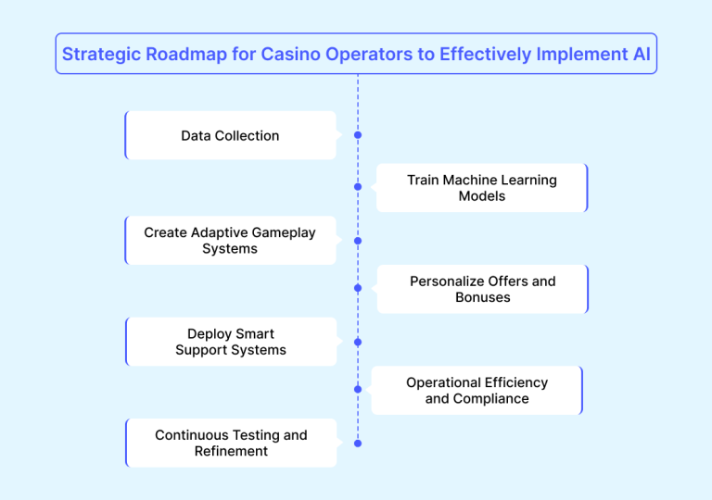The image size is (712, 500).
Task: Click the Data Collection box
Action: [x=230, y=135]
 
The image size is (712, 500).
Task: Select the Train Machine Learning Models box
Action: [x=481, y=188]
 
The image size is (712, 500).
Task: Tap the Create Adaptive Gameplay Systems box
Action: [x=230, y=241]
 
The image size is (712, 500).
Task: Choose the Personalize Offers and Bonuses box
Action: [x=482, y=289]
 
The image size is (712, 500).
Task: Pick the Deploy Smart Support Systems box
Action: [x=231, y=342]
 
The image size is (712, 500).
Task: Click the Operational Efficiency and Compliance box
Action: [x=477, y=390]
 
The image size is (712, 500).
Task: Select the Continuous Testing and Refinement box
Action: [x=231, y=443]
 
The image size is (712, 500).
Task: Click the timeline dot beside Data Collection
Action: [x=358, y=135]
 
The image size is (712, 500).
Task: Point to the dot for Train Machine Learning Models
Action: [x=358, y=187]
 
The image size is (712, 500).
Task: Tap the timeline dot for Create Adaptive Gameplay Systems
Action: [x=358, y=241]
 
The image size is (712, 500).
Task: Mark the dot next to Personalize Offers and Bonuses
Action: [x=358, y=288]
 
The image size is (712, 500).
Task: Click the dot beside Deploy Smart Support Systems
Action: [x=358, y=342]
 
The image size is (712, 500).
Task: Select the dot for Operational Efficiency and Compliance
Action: [x=358, y=390]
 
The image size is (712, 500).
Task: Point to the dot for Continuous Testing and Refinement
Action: [x=358, y=444]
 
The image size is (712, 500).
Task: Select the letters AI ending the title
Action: [x=641, y=55]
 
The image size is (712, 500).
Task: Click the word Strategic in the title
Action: [x=99, y=55]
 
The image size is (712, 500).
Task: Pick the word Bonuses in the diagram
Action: [x=482, y=297]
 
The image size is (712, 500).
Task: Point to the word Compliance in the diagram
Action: [x=491, y=398]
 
